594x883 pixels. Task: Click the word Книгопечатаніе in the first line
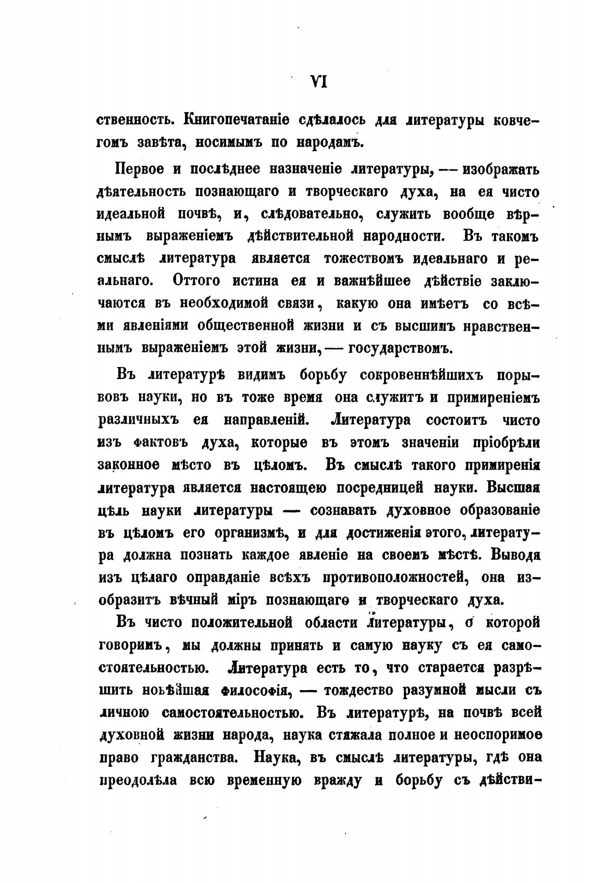click(230, 119)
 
